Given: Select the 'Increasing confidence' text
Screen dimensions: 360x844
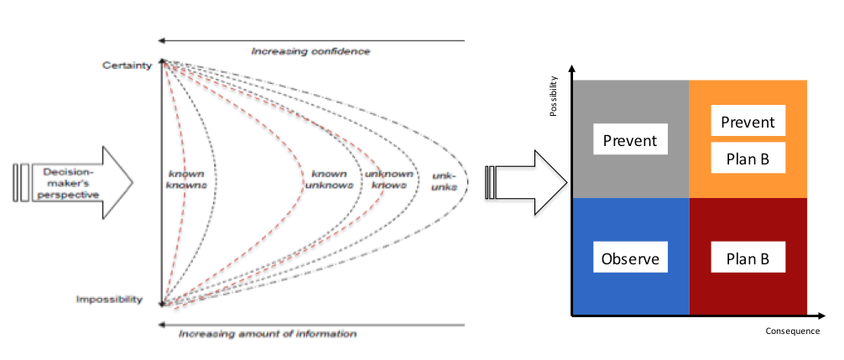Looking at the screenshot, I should tap(310, 51).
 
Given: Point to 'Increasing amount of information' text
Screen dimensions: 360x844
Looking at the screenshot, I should tap(268, 334).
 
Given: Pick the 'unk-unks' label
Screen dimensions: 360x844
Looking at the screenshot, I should tap(444, 181).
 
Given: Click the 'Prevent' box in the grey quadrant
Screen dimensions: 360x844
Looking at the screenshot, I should tap(630, 140).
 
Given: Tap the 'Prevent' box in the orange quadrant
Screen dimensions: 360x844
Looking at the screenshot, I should tap(748, 123).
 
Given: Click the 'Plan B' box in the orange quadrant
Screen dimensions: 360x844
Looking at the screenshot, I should tap(748, 158).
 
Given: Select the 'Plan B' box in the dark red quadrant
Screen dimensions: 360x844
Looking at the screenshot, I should tap(748, 258).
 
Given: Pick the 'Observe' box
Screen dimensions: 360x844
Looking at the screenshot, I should tap(630, 258).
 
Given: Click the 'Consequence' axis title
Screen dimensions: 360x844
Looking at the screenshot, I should tap(791, 331).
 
